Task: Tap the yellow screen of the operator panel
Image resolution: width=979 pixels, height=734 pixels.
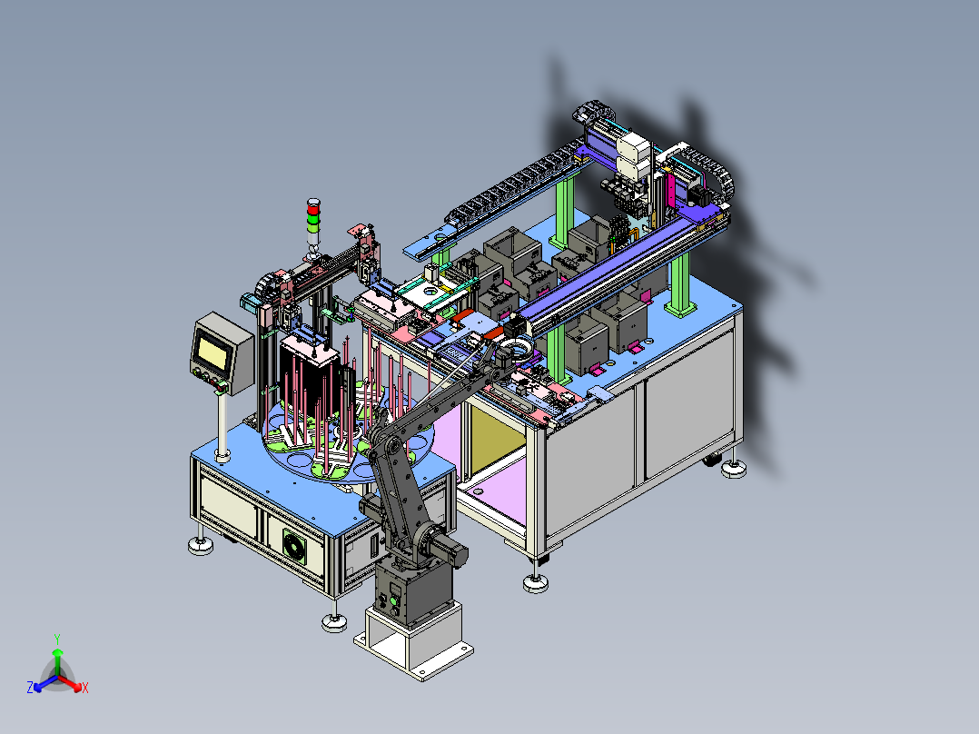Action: pyautogui.click(x=212, y=351)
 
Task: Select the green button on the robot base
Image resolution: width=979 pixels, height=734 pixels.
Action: pyautogui.click(x=393, y=602)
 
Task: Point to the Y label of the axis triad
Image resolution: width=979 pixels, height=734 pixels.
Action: pyautogui.click(x=57, y=640)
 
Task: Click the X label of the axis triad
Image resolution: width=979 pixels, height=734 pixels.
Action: pyautogui.click(x=85, y=688)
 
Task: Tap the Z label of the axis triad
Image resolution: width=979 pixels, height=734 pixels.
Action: pyautogui.click(x=30, y=687)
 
